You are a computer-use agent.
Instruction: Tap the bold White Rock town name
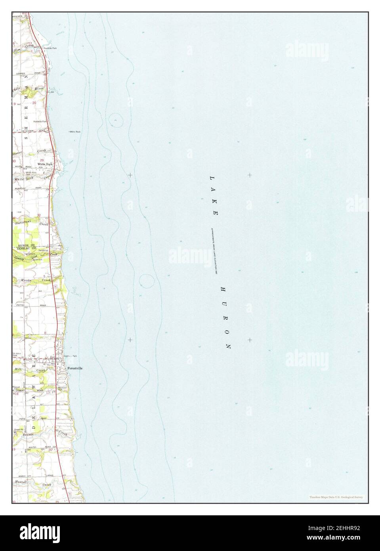45,164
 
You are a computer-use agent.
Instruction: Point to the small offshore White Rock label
75,132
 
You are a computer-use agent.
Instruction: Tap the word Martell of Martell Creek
21,482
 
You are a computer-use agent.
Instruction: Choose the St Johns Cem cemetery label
17,354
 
